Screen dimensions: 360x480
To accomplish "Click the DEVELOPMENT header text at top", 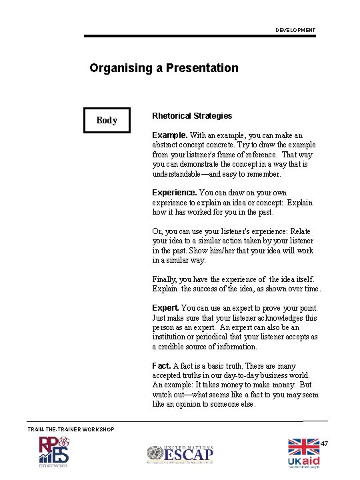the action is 295,30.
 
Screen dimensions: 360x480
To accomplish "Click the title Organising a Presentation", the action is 164,68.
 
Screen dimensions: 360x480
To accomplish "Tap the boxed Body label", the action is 107,120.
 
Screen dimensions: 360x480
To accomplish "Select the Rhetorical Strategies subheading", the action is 192,116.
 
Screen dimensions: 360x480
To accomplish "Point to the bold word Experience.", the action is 175,193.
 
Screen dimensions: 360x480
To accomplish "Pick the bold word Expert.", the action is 165,308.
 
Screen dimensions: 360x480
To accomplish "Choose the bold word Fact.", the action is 161,365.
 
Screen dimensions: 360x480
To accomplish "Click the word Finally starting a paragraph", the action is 165,279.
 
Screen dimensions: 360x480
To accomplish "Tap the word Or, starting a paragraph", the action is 157,231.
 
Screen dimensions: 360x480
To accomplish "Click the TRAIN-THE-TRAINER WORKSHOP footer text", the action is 71,429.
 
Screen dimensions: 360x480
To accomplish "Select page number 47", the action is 325,444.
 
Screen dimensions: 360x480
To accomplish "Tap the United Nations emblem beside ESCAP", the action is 155,455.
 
